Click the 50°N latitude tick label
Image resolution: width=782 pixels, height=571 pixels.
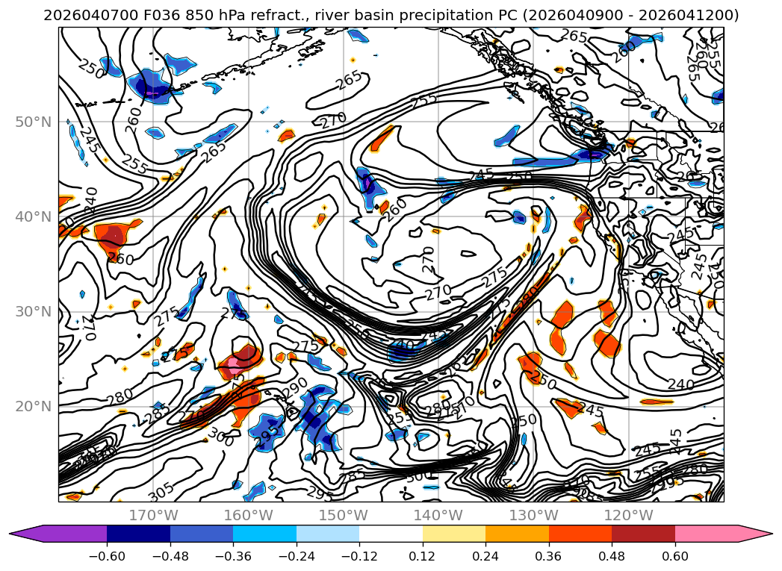34,122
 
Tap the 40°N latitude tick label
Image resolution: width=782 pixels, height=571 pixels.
34,216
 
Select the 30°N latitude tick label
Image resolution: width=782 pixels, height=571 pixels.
34,311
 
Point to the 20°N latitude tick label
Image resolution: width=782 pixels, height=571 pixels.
34,406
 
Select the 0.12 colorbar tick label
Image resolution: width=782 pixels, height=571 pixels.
423,555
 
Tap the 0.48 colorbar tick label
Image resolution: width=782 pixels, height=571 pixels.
612,555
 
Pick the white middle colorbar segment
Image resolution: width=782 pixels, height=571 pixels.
391,534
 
